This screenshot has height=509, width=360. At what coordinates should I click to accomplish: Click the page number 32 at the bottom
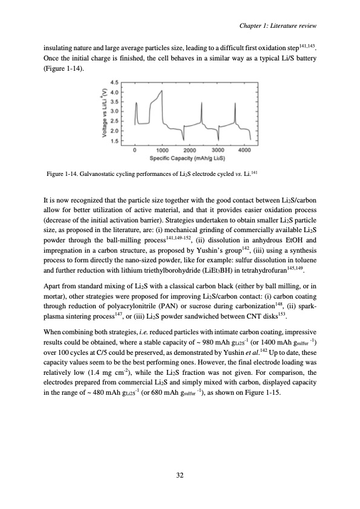tap(180, 475)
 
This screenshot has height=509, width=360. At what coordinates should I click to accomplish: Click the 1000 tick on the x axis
tap(145, 149)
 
